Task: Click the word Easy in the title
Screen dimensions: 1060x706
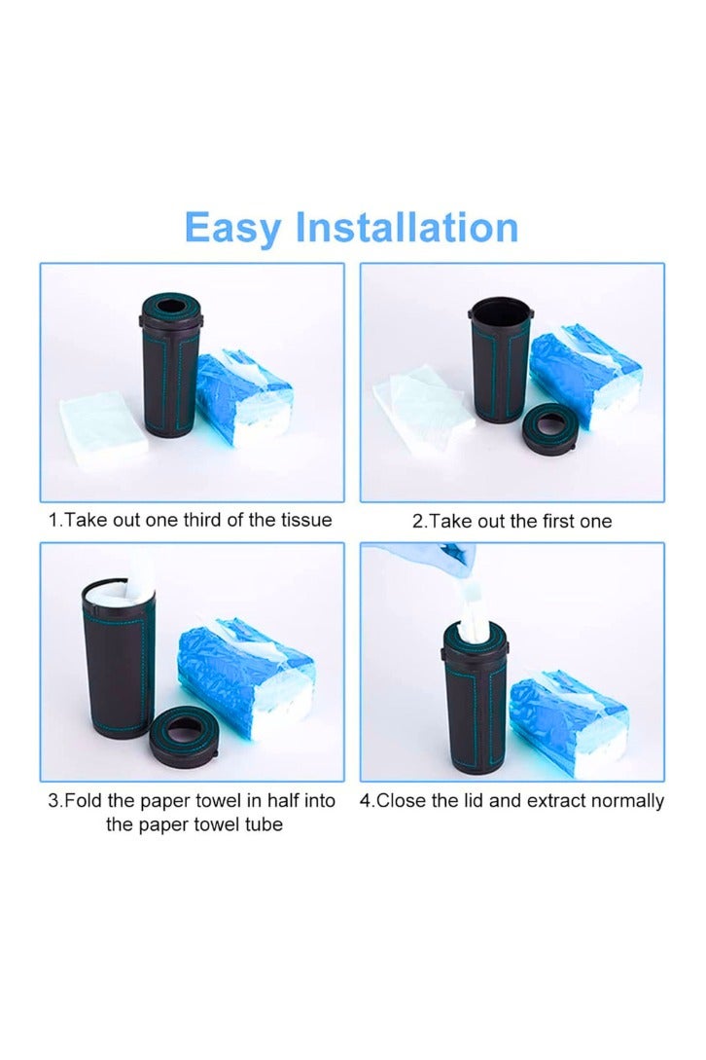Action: [233, 229]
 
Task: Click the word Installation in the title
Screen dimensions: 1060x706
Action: [406, 227]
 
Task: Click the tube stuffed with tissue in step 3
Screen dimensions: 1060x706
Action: [116, 662]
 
